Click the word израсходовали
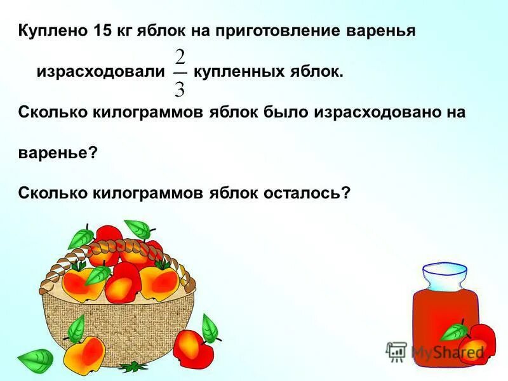click(x=100, y=72)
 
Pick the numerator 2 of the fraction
click(x=180, y=58)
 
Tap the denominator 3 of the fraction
click(x=180, y=87)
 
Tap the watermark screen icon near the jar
click(x=396, y=351)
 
